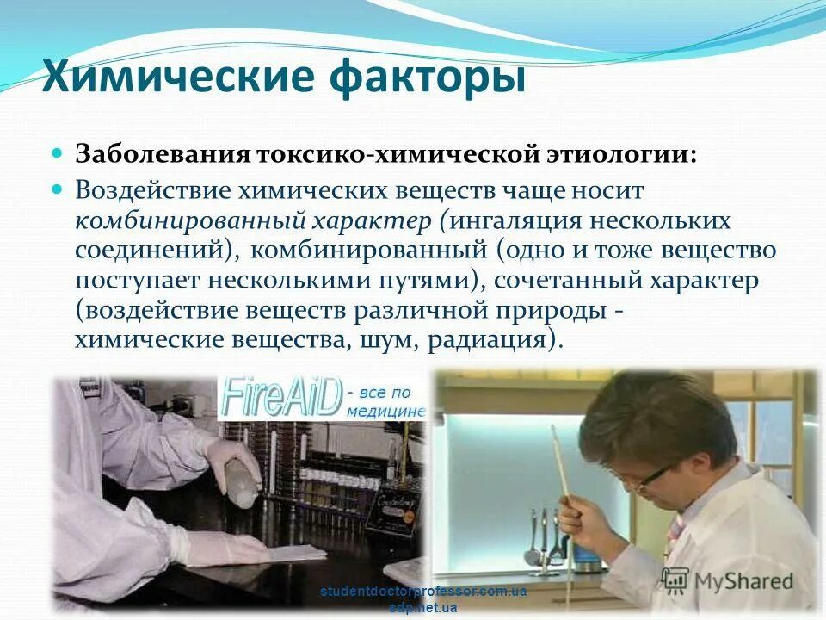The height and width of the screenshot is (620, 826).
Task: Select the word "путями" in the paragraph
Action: [x=421, y=280]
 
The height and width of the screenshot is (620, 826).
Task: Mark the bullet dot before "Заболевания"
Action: [x=58, y=152]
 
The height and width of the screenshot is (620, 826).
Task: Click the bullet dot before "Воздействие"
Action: [x=58, y=187]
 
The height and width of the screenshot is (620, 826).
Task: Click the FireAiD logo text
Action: [x=280, y=396]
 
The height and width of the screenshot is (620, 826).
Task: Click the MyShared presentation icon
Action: [x=676, y=580]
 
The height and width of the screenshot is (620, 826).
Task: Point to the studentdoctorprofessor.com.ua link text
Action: [x=422, y=592]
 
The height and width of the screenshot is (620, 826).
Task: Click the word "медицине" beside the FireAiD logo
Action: [x=386, y=411]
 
